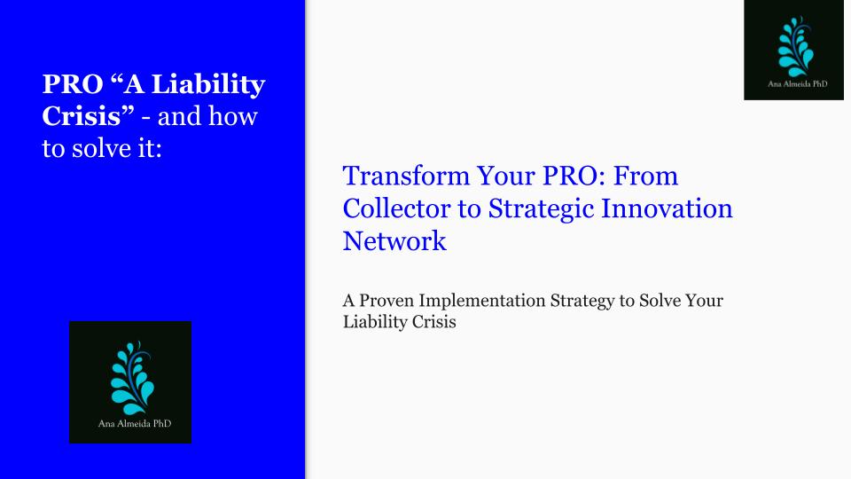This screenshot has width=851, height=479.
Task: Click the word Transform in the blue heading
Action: point(406,176)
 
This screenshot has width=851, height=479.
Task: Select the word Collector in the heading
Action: point(397,208)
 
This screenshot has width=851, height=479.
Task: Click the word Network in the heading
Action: point(394,241)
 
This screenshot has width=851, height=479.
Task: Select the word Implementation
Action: point(482,302)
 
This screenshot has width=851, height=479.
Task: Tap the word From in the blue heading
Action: point(646,176)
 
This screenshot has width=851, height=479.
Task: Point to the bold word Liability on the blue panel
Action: point(208,85)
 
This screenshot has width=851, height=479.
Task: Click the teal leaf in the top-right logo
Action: point(795,47)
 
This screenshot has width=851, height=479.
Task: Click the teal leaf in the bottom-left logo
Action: point(132,378)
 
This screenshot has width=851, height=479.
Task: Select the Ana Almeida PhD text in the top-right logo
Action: point(797,84)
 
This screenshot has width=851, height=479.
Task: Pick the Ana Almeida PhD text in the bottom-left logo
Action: point(135,424)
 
